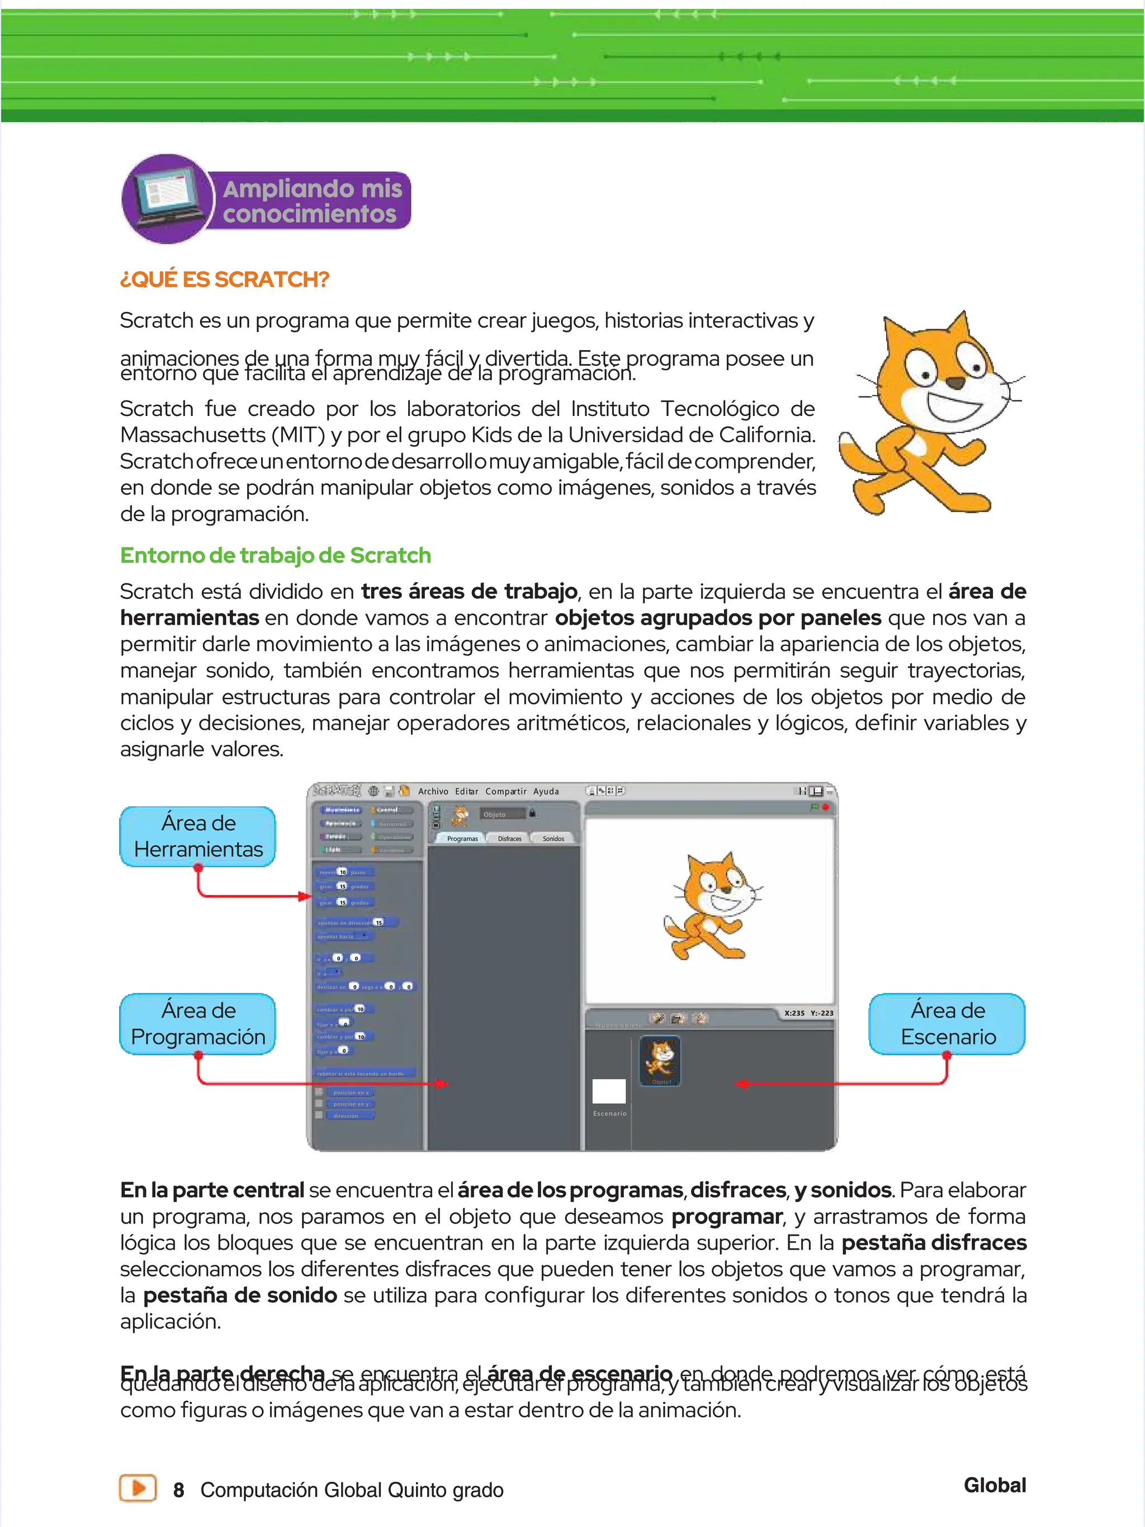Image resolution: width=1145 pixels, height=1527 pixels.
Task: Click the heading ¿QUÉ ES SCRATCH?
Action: coord(224,280)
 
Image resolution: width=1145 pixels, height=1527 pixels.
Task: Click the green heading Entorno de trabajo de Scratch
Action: coord(276,555)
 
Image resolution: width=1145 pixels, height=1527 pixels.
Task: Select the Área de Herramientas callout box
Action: coord(198,836)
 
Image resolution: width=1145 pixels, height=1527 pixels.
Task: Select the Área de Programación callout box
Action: coord(198,1024)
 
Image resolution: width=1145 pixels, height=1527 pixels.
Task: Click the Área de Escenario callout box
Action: coord(947,1024)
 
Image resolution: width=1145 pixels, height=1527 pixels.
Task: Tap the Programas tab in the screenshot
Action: coord(462,838)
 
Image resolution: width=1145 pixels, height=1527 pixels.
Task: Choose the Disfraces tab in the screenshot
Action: coord(509,838)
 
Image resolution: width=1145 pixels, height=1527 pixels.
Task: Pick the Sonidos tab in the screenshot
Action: coord(553,838)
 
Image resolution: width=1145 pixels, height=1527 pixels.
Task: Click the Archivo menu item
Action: coord(433,791)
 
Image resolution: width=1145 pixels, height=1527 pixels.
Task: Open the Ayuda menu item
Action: coord(546,791)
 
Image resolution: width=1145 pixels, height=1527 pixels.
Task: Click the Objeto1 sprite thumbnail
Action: coord(660,1061)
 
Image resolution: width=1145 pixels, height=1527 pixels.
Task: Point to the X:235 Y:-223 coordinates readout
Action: coord(808,1013)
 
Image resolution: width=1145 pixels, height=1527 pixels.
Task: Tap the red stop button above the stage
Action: coord(825,806)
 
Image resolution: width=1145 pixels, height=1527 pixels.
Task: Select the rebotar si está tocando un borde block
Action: coord(365,1074)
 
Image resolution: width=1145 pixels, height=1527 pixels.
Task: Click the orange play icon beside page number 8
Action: coord(138,1488)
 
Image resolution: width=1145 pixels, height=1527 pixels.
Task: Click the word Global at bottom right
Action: coord(995,1486)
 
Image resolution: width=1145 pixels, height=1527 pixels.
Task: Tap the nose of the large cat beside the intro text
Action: coord(955,382)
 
